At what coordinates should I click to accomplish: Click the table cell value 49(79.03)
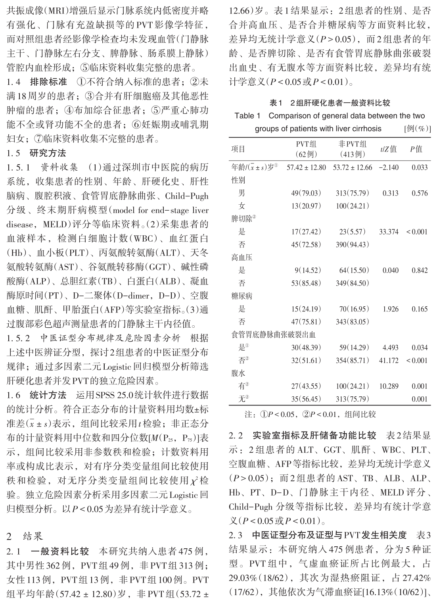point(306,193)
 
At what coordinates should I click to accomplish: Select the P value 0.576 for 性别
point(420,193)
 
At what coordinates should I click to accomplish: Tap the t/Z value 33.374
point(388,232)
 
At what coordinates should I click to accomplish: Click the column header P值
point(416,149)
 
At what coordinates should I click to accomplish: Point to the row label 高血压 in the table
point(242,257)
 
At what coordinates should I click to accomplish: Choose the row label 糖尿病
point(242,296)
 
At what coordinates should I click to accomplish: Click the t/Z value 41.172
point(388,360)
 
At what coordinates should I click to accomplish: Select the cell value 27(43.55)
point(306,386)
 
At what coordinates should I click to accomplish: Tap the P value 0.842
point(420,270)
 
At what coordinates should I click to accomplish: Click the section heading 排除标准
point(48,83)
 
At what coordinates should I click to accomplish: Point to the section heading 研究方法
point(48,153)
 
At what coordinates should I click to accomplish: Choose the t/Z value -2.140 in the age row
point(388,167)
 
